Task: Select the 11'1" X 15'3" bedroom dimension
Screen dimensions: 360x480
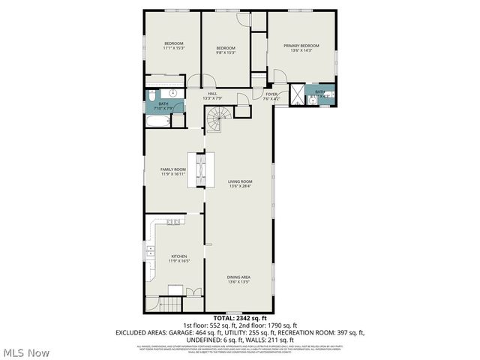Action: tap(174, 48)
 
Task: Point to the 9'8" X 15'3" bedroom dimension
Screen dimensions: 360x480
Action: tap(226, 52)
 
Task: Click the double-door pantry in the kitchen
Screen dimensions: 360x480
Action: tap(193, 291)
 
